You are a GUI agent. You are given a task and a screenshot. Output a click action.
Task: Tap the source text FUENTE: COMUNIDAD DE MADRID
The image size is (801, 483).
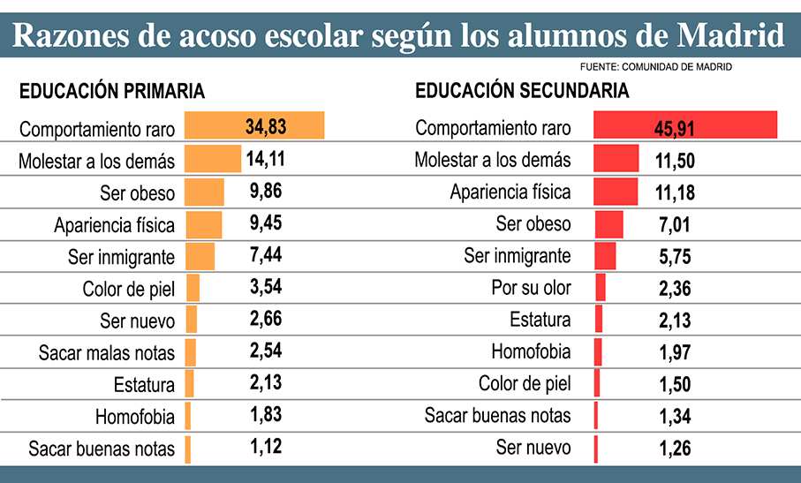click(656, 67)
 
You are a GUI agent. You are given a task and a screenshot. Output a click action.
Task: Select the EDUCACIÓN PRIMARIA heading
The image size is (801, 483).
click(112, 91)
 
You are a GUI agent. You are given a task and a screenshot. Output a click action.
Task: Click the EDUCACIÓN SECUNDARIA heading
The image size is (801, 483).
click(522, 91)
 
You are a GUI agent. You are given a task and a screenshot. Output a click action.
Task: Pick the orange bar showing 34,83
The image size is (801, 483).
click(254, 126)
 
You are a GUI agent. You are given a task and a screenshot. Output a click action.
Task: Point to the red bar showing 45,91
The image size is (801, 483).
click(685, 126)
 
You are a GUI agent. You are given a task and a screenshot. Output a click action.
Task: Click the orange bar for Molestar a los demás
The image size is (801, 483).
click(212, 160)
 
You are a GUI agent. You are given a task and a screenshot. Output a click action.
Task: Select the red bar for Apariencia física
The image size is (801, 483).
click(616, 192)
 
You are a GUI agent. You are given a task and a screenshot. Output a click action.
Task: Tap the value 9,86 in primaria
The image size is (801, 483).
click(265, 192)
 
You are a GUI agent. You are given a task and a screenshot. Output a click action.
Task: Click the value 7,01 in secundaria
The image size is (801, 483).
click(674, 224)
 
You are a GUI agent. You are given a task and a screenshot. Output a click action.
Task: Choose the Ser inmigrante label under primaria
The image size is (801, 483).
click(122, 256)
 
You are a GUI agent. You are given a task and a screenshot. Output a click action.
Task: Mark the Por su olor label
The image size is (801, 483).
click(531, 288)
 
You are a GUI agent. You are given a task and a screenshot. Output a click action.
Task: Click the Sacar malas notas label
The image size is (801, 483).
click(107, 352)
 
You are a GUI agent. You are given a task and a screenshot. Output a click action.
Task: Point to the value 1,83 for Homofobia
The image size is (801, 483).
click(265, 416)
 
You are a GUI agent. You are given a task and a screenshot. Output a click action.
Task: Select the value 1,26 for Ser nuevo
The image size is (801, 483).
click(674, 448)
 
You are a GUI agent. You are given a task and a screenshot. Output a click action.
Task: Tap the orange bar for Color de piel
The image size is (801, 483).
click(193, 288)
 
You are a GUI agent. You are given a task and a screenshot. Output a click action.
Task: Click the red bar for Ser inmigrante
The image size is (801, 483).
click(605, 256)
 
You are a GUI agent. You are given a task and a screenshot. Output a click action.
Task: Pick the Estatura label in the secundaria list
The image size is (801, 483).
click(540, 320)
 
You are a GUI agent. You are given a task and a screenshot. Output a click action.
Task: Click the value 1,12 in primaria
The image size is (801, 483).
click(265, 448)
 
